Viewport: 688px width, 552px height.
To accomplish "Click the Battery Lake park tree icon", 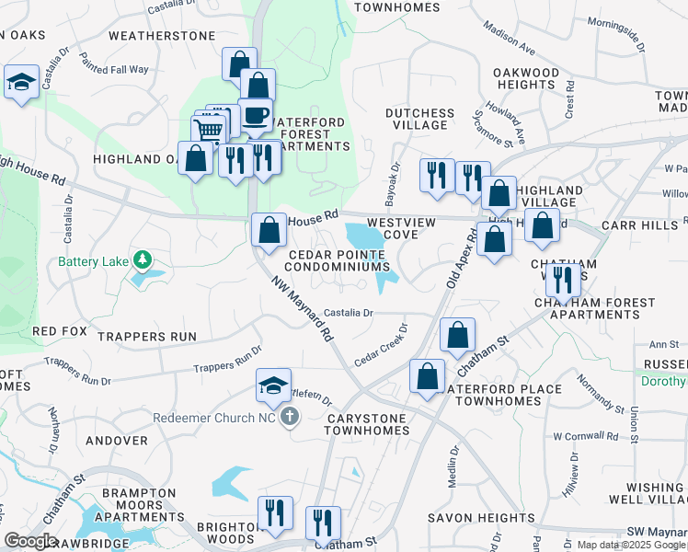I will tap(142, 261).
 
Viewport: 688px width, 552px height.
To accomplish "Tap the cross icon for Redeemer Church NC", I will tap(290, 417).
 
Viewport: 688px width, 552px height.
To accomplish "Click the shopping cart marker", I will tap(209, 131).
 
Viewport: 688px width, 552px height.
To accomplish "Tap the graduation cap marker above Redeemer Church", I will tap(273, 385).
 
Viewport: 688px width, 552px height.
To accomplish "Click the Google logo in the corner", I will tap(30, 541).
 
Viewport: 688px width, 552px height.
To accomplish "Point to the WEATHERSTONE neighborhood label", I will tap(161, 36).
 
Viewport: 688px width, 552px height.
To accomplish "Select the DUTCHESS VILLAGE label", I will tap(419, 121).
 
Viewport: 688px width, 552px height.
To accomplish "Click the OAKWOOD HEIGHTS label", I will tap(526, 78).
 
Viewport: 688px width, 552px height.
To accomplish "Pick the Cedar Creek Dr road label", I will tap(381, 343).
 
